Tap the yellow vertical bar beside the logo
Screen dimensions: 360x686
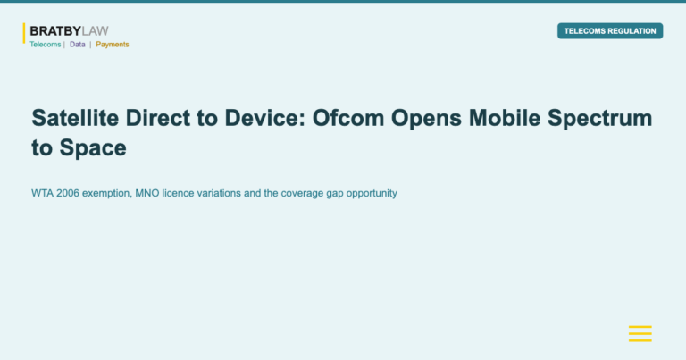tap(24, 33)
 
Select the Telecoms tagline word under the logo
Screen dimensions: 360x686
tap(46, 45)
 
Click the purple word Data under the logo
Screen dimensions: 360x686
tap(78, 45)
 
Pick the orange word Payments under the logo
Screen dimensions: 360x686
tap(113, 45)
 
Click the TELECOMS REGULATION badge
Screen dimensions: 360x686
tap(610, 31)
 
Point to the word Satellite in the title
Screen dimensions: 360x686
tap(74, 118)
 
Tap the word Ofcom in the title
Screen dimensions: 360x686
tap(350, 118)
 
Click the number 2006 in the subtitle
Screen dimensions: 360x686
tap(67, 193)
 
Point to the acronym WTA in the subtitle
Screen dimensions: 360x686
tap(41, 193)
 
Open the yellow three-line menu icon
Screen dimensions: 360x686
tap(640, 333)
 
